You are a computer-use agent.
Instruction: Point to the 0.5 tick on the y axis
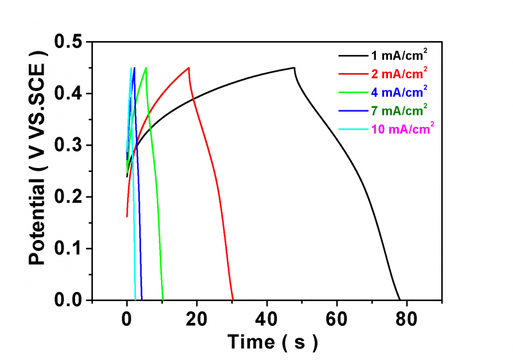71,43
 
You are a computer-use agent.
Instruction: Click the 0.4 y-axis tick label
71,94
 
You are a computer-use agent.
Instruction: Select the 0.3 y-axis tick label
71,146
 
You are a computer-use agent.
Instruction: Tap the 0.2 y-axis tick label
71,197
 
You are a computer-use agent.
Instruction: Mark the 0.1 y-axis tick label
71,248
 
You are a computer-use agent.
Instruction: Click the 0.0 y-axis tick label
71,300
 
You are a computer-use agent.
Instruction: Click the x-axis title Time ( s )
272,343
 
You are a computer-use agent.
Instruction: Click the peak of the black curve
294,67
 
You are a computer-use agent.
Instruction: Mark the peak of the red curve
189,67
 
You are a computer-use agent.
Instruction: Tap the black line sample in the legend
352,55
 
